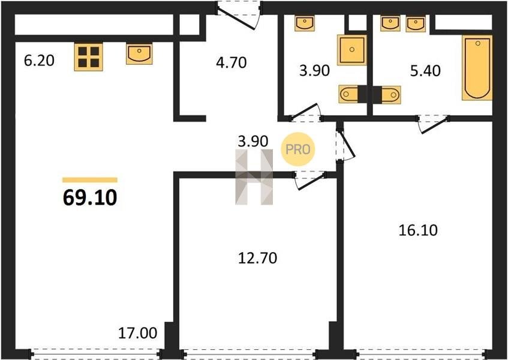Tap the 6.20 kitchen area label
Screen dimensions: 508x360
point(39,61)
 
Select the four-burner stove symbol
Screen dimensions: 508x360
point(88,57)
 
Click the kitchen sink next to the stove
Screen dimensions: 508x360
point(139,54)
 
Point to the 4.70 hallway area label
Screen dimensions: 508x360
point(232,62)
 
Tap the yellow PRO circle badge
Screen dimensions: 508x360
point(297,149)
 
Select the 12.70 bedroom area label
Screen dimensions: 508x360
point(257,258)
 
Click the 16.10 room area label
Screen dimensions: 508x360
point(418,230)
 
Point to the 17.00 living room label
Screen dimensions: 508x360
point(138,333)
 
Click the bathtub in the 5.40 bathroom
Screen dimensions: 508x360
point(477,68)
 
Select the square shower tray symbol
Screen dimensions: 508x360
point(352,50)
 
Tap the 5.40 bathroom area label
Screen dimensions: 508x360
point(425,71)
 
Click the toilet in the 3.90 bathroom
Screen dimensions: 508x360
point(348,94)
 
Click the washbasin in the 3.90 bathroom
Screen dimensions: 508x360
point(305,23)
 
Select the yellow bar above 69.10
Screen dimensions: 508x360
point(90,180)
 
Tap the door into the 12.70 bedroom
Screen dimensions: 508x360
point(309,179)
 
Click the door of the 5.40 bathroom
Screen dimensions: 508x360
point(433,124)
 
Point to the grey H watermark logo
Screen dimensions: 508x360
point(254,177)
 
